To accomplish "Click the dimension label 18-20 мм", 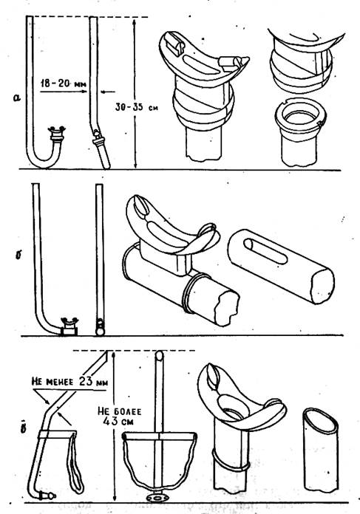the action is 63,83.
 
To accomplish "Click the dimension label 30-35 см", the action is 136,107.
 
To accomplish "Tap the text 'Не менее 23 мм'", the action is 70,382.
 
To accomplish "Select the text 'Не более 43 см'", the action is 119,416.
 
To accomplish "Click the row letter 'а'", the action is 18,97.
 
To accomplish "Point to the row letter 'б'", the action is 18,255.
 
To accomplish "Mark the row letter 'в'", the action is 23,426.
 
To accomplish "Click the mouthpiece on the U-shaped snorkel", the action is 56,132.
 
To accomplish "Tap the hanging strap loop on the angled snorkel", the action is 75,462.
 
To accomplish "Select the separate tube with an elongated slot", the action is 281,266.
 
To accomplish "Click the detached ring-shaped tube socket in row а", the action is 299,134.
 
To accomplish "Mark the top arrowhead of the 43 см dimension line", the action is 114,354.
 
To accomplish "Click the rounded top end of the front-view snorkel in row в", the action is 159,355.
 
